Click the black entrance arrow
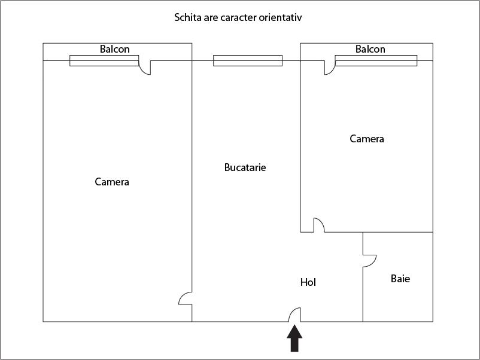[294, 338]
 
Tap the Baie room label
[400, 279]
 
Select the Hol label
[308, 282]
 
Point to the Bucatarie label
[245, 167]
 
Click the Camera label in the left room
[112, 182]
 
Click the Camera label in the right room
[367, 139]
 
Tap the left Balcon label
[115, 49]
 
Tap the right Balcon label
[370, 49]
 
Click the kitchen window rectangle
[248, 60]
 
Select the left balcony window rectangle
[104, 60]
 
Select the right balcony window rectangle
[376, 60]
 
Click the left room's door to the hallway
[181, 296]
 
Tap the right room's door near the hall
[321, 222]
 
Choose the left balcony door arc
[142, 71]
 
